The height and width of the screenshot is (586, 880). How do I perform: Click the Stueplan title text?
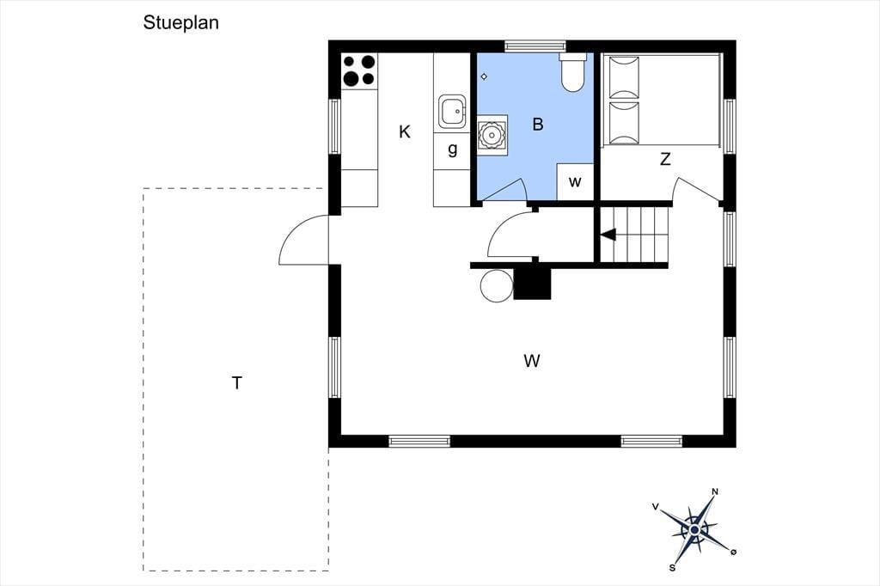click(x=180, y=23)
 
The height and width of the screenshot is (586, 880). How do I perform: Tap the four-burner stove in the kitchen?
click(x=359, y=70)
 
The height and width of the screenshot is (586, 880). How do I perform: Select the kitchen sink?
click(x=452, y=112)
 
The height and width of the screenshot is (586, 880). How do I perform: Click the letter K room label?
click(x=405, y=132)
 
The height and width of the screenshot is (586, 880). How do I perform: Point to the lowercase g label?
click(x=452, y=150)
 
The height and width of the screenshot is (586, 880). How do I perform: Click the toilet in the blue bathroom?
click(x=573, y=72)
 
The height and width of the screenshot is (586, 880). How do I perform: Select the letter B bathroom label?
click(x=538, y=124)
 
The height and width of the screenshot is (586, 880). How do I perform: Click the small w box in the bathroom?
click(x=575, y=182)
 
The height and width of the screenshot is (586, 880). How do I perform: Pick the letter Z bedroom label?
click(x=665, y=160)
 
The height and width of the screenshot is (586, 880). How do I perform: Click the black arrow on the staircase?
click(x=608, y=234)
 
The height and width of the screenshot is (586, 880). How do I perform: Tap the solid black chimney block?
click(x=532, y=284)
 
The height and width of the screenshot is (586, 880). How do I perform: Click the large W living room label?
click(x=532, y=360)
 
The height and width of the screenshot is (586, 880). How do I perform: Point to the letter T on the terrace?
click(x=237, y=383)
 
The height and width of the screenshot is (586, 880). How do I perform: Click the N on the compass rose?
click(x=715, y=491)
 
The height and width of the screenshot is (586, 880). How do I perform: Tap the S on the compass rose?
click(x=672, y=568)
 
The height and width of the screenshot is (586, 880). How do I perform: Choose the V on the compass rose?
click(x=655, y=506)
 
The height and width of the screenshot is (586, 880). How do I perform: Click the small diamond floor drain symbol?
click(x=484, y=76)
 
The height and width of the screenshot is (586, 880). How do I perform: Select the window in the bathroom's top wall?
click(x=535, y=46)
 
